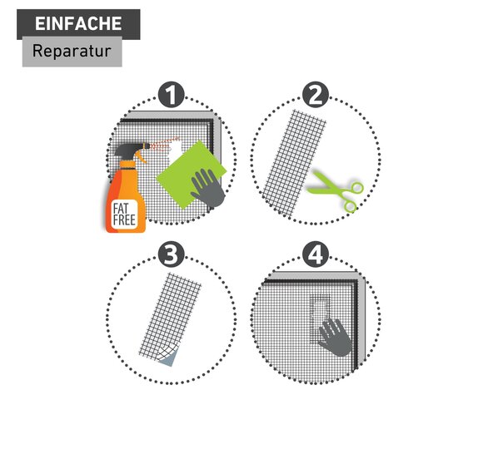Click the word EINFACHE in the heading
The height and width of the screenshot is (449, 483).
click(x=78, y=23)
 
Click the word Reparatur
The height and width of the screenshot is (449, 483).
click(x=72, y=51)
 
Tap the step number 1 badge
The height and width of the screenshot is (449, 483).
click(x=172, y=95)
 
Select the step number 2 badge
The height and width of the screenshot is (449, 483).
click(x=316, y=95)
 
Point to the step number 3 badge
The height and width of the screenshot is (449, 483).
click(x=172, y=254)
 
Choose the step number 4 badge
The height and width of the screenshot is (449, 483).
click(x=316, y=254)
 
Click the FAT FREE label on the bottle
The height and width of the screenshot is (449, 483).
click(x=124, y=215)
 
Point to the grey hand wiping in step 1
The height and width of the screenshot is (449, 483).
click(x=208, y=188)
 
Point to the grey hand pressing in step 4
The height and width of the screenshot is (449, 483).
click(x=335, y=338)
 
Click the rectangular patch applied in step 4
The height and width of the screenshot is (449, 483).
click(x=320, y=319)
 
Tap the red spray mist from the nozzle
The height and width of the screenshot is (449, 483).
click(x=165, y=145)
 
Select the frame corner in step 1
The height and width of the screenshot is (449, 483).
click(x=216, y=118)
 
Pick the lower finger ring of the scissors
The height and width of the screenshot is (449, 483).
click(x=351, y=206)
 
